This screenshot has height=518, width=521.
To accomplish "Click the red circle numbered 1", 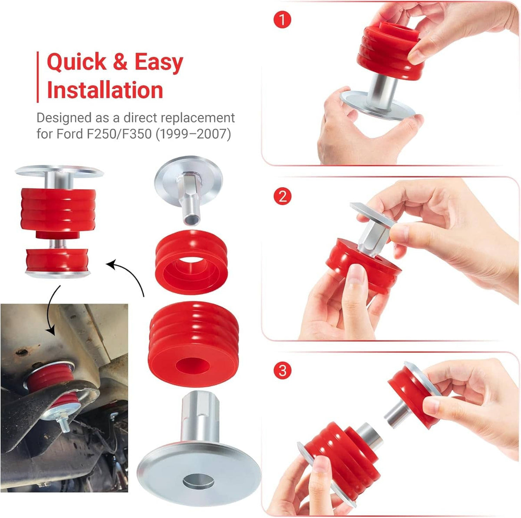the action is tap(282, 20).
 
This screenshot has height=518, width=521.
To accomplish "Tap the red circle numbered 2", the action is tap(282, 196).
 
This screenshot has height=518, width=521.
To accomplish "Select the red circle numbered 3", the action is tap(282, 370).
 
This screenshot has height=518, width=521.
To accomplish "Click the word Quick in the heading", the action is tap(76, 63).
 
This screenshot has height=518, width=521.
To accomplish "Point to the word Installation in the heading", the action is tap(105, 90).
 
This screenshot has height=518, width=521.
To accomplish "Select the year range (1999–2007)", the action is tap(193, 134).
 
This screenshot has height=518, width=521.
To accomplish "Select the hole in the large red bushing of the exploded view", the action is tap(192, 366).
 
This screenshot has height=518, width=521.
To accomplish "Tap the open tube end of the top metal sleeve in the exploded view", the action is tap(191, 219).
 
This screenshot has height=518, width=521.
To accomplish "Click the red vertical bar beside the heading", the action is tap(38, 77).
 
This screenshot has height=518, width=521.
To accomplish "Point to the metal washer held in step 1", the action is tap(377, 105).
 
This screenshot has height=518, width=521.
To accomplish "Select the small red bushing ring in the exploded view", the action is tap(191, 262).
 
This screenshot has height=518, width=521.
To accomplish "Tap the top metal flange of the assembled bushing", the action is tap(59, 171).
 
